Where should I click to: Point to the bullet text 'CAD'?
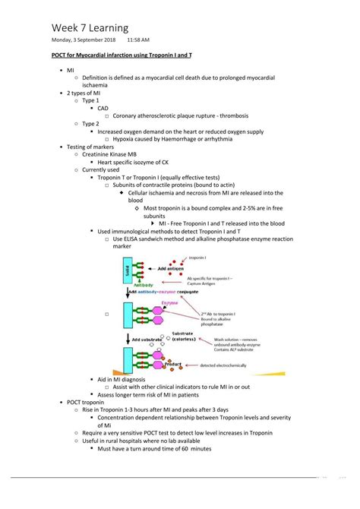point(103,109)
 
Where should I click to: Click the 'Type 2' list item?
point(90,123)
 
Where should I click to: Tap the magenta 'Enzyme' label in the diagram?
point(169,302)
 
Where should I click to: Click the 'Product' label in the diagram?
point(174,364)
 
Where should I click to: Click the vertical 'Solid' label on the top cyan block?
point(125,270)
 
